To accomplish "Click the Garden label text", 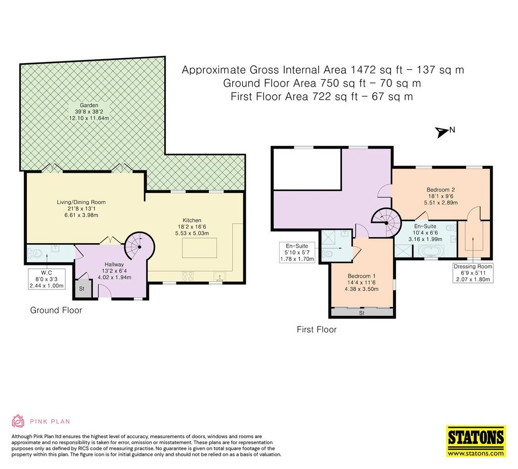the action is pos(89,112).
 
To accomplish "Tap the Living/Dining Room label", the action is pos(81,209).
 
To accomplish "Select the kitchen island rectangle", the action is pos(199,248).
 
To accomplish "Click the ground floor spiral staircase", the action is pos(139,247).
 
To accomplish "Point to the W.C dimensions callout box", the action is pos(47,279).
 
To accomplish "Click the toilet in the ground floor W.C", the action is pos(35,254).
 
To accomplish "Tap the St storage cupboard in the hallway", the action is pos(81,289).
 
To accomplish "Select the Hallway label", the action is pos(114,271).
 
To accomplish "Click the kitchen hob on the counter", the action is pos(188,276).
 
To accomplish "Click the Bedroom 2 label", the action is pos(441,196).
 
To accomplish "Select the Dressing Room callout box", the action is pos(473,272).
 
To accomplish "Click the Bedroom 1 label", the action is pos(361,283).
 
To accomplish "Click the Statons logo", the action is pos(476,441).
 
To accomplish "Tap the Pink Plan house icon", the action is pos(18,421).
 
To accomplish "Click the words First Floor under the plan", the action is pos(317,330).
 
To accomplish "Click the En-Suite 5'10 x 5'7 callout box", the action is pos(297,252).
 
